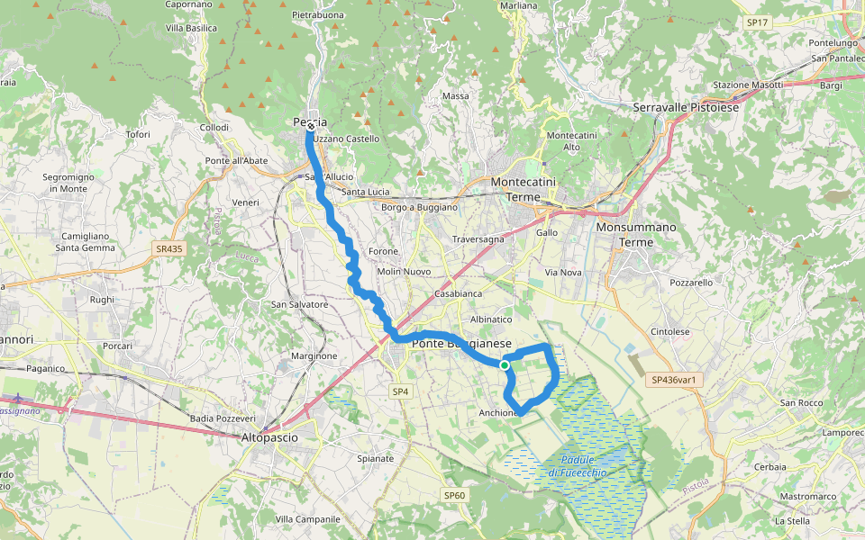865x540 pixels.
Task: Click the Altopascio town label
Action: point(269,437)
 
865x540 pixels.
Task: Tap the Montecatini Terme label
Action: point(528,189)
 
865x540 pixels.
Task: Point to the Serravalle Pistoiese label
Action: point(686,107)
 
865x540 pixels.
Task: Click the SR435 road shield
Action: point(168,247)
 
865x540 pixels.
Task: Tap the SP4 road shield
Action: point(400,391)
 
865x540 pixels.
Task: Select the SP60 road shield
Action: point(454,495)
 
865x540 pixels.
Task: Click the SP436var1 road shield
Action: point(675,381)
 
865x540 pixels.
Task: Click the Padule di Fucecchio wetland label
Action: point(577,466)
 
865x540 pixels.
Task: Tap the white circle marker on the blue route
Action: point(505,364)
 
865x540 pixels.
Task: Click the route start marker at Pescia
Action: point(310,127)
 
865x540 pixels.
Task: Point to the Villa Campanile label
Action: point(307,519)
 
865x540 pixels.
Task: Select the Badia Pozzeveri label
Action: point(223,418)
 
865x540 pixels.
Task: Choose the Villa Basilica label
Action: point(191,28)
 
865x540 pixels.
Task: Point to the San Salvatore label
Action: point(300,304)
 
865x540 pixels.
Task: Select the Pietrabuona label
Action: point(319,15)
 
